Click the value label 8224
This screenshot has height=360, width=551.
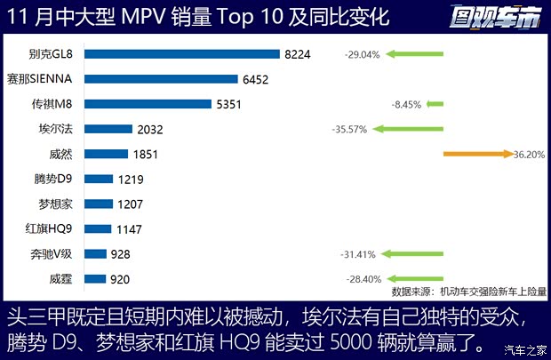coord(299,54)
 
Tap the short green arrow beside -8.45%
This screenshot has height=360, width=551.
coord(434,104)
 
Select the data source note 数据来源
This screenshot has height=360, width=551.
coord(469,291)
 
